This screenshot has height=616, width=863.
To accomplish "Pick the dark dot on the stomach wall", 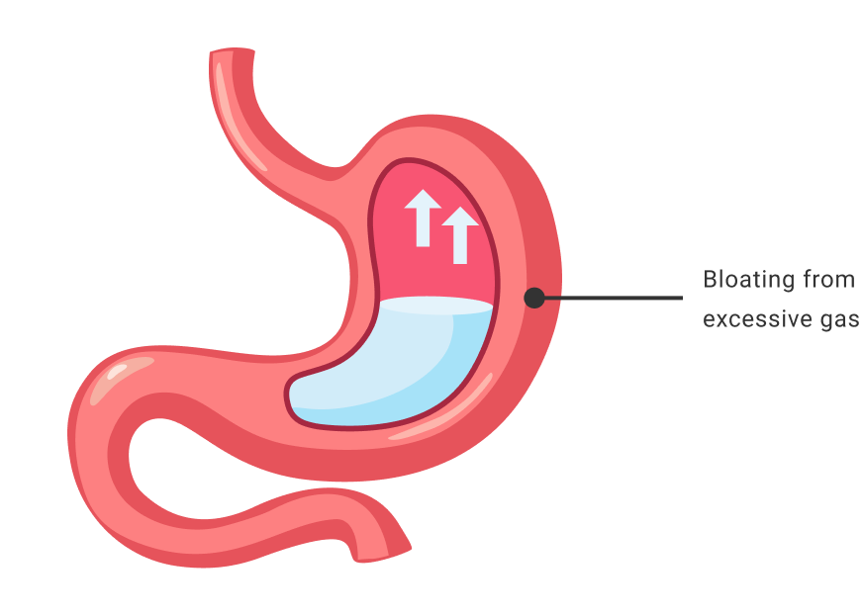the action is [x=534, y=297].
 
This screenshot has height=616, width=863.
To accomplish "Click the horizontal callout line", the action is [x=614, y=297].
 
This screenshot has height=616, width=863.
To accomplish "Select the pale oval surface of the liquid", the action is [x=435, y=306].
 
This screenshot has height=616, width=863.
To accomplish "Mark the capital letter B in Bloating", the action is [x=710, y=280].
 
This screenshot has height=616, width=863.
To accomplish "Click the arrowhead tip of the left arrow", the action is [x=423, y=192].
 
